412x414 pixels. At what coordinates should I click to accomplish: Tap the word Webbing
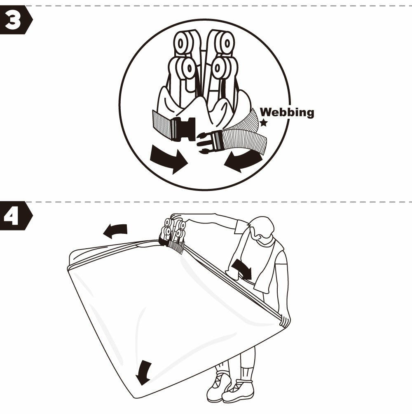click(287, 112)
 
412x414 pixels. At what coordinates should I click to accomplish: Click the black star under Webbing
click(264, 123)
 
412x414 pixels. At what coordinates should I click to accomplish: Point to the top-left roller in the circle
click(183, 42)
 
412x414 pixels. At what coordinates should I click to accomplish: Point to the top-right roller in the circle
click(225, 42)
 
